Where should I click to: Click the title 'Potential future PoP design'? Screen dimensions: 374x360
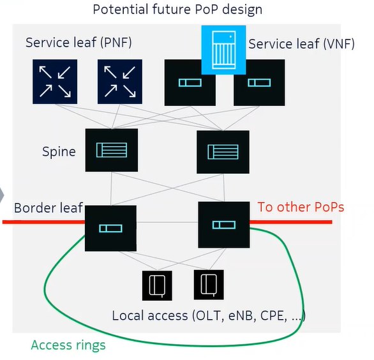(x=177, y=10)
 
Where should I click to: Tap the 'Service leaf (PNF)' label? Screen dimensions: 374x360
(x=79, y=43)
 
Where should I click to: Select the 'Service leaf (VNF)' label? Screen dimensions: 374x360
(x=301, y=44)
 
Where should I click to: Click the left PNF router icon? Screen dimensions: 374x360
(x=55, y=82)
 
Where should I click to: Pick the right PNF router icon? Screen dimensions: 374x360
(x=120, y=82)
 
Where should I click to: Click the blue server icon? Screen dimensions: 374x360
(x=223, y=50)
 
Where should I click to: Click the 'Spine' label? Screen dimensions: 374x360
(x=59, y=152)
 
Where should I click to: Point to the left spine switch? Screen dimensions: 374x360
(x=112, y=150)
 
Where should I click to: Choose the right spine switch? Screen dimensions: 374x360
(x=223, y=152)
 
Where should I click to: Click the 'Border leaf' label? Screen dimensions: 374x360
(x=49, y=208)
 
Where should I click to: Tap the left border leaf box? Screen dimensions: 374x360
(x=110, y=229)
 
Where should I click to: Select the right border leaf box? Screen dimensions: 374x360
(x=224, y=225)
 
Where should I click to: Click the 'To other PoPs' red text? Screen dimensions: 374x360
(x=301, y=207)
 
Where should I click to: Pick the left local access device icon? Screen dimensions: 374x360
(x=157, y=285)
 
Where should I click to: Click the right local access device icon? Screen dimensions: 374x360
(x=209, y=285)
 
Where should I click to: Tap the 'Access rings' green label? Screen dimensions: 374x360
(x=68, y=345)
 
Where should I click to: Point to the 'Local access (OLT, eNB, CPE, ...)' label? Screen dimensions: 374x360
(x=209, y=316)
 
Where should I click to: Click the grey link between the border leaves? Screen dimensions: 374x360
(x=167, y=222)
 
